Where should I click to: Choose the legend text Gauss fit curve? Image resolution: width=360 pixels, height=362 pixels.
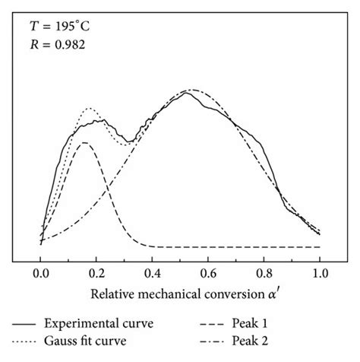point(95,341)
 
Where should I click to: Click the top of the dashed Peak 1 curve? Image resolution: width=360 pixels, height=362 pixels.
point(84,142)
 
